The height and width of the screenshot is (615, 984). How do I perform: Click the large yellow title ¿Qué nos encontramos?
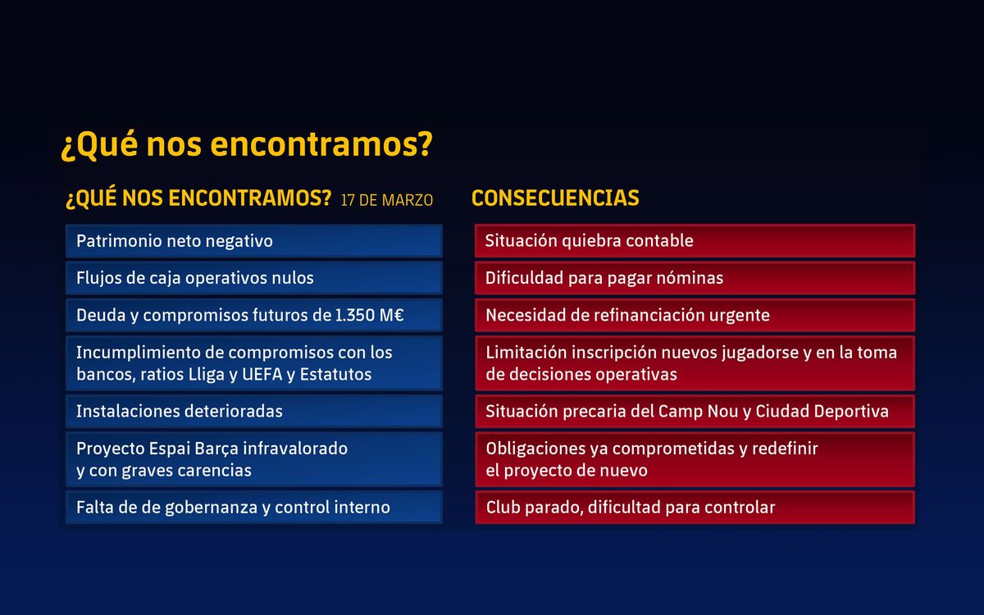[247, 144]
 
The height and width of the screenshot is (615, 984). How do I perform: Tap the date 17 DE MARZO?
[387, 200]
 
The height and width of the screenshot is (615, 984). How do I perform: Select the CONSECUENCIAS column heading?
[555, 198]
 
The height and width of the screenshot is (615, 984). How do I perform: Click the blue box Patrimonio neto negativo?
[254, 241]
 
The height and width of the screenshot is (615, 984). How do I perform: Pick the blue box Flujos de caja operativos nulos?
[254, 278]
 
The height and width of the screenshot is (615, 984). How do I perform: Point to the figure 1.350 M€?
[370, 316]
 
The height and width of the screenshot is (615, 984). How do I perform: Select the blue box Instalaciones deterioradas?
[254, 411]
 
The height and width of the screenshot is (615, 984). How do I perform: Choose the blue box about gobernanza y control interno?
[254, 508]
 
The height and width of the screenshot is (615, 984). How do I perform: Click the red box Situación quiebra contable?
[695, 241]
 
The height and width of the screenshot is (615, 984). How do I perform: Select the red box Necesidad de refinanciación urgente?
[695, 316]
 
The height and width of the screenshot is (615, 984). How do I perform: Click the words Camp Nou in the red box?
[698, 411]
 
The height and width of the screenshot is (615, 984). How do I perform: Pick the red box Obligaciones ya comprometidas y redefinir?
[695, 459]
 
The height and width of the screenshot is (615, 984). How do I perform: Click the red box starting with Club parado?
[695, 508]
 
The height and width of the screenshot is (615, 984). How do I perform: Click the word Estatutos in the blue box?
[335, 375]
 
